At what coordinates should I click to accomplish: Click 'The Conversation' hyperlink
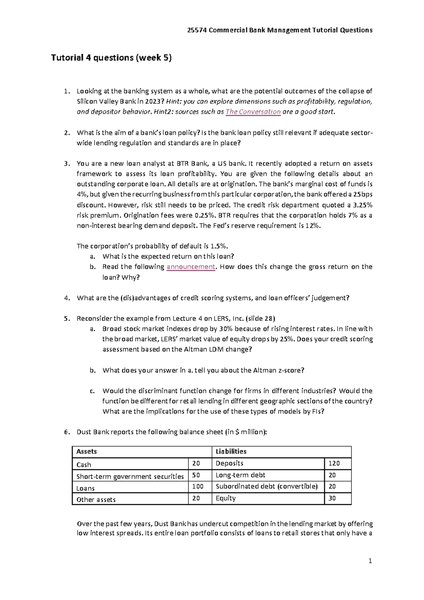tap(253, 112)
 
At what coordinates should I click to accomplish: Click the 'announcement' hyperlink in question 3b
tap(191, 267)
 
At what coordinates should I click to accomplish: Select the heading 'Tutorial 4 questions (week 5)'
tap(111, 58)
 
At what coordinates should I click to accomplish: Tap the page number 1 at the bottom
tap(370, 561)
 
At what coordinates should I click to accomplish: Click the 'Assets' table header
tap(87, 451)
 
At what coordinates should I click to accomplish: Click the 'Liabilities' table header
tap(231, 451)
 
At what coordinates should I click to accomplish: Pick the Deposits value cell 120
tap(334, 463)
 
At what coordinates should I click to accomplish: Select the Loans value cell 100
tap(198, 486)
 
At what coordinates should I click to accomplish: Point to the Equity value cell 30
tap(332, 498)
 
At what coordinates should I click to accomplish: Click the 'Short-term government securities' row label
tap(130, 477)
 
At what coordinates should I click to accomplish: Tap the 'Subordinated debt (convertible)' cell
tap(267, 486)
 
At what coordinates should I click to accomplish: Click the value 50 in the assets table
tap(196, 475)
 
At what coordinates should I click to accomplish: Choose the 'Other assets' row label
tap(96, 500)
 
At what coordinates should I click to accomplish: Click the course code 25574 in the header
tap(197, 30)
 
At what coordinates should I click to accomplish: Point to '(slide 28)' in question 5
tap(260, 318)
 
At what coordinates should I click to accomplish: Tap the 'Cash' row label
tap(84, 465)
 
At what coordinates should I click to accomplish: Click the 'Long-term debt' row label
tap(240, 475)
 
